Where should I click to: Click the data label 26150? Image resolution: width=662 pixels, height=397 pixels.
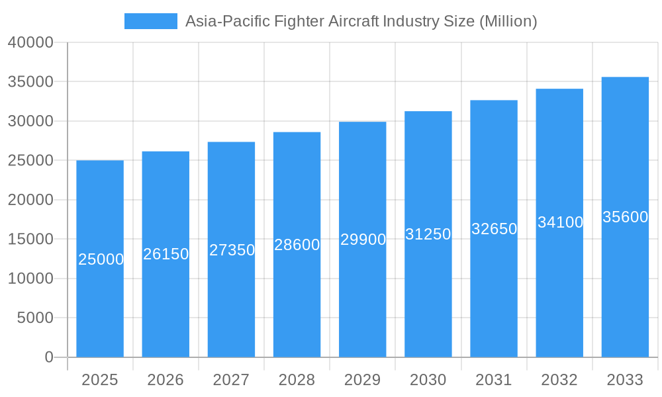pos(166,254)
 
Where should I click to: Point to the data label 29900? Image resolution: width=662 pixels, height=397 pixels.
pos(363,240)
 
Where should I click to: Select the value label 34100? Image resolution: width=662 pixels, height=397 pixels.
pos(560,222)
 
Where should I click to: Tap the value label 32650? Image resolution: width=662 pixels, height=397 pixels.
pos(494,229)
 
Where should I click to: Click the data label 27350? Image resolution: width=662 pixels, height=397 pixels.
pos(232,250)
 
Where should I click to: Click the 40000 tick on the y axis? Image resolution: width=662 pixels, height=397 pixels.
pos(30,42)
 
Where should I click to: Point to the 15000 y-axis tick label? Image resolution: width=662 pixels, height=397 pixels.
pos(30,239)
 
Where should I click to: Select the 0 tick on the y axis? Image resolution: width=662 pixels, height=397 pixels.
pos(48,357)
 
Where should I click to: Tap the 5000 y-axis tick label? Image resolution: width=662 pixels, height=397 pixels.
pos(34,318)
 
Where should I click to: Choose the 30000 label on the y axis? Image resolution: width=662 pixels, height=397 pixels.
pos(30,121)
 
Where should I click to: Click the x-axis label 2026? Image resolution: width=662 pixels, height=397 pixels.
pos(165,380)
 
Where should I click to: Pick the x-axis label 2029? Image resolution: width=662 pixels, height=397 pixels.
pos(362,380)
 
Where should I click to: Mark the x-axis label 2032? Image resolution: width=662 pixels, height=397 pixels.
pos(559,380)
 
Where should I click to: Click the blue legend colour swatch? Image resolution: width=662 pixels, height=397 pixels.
pos(151,21)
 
